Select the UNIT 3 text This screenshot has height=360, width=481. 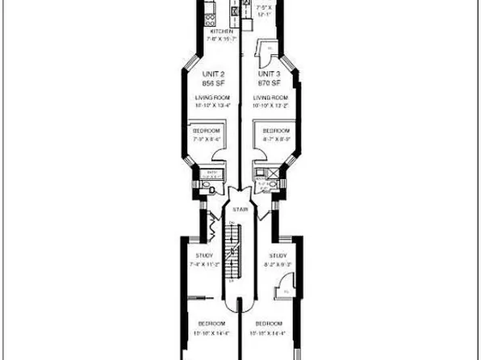[x=269, y=73]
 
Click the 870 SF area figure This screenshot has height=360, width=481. [x=269, y=82]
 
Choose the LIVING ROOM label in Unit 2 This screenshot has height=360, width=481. [x=212, y=98]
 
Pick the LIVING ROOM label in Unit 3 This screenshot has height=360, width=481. [x=270, y=98]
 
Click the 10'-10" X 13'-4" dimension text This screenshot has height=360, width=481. [x=212, y=105]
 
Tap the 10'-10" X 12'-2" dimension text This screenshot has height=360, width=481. [x=270, y=105]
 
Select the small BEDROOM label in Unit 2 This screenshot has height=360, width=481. [x=207, y=130]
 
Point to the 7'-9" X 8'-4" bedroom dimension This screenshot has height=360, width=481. [x=207, y=139]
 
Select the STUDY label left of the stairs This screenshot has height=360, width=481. [x=204, y=256]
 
